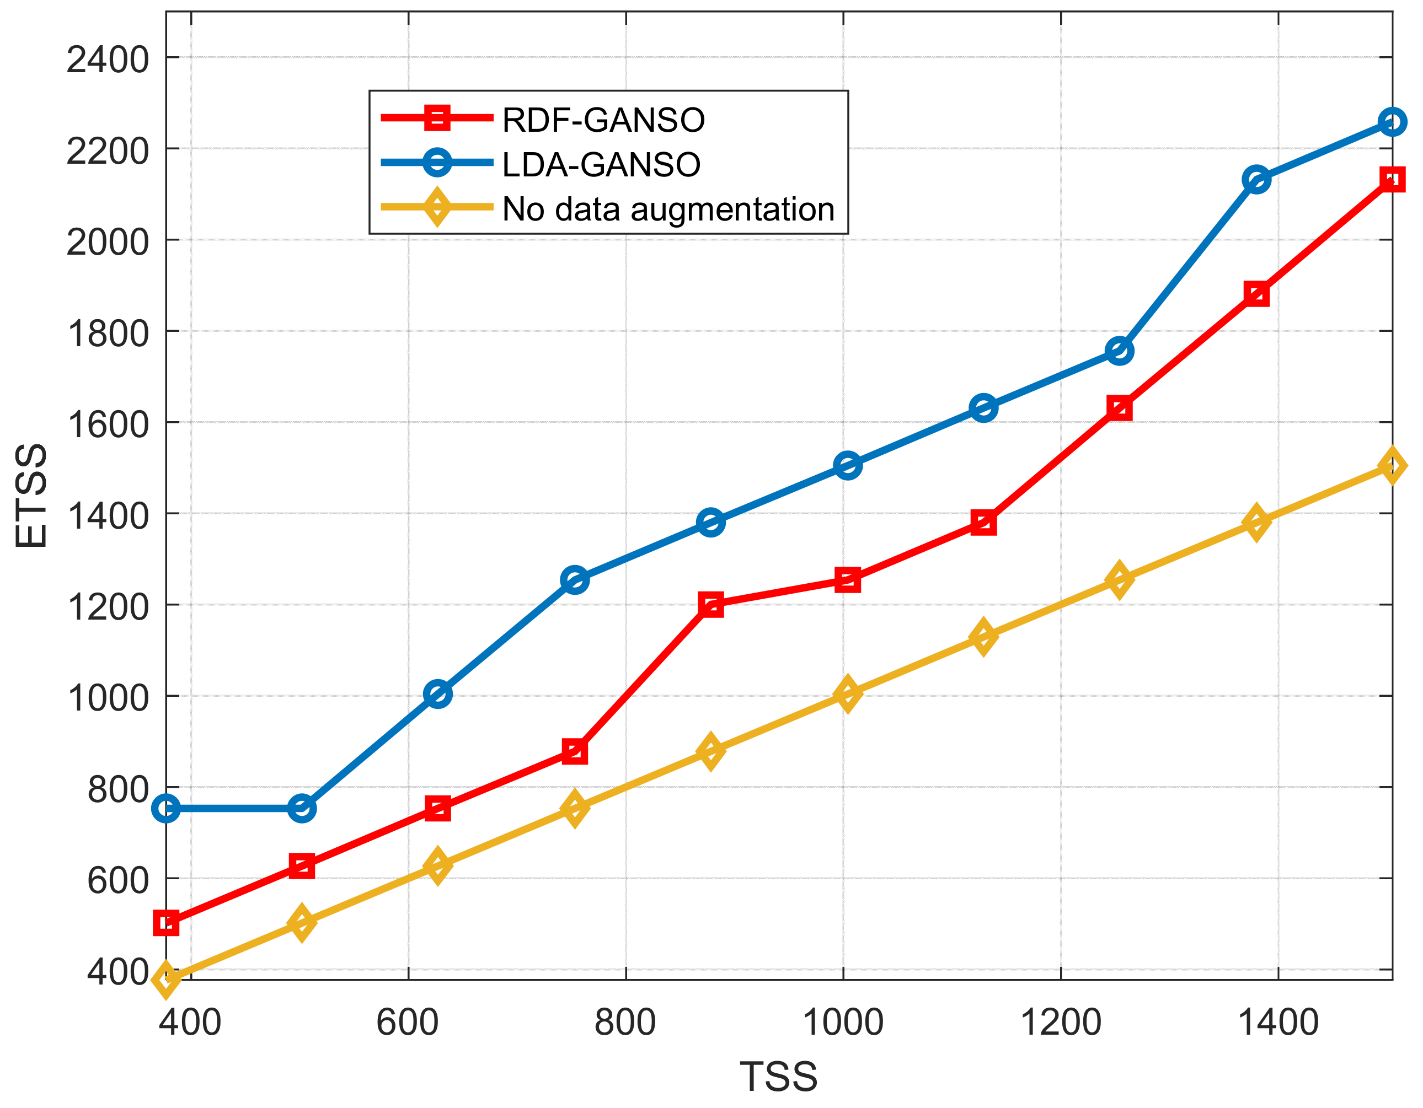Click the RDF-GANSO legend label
pyautogui.click(x=603, y=120)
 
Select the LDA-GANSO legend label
pyautogui.click(x=601, y=164)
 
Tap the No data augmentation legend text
pyautogui.click(x=668, y=209)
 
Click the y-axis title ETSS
pyautogui.click(x=31, y=495)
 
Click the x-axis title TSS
pyautogui.click(x=779, y=1077)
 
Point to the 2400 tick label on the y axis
pyautogui.click(x=108, y=60)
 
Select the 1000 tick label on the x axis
pyautogui.click(x=843, y=1022)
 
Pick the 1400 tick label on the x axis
pyautogui.click(x=1278, y=1022)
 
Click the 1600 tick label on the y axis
pyautogui.click(x=108, y=424)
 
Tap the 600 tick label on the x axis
pyautogui.click(x=408, y=1022)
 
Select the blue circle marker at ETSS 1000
pyautogui.click(x=437, y=695)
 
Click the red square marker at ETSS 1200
pyautogui.click(x=711, y=605)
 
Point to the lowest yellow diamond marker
pyautogui.click(x=166, y=978)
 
